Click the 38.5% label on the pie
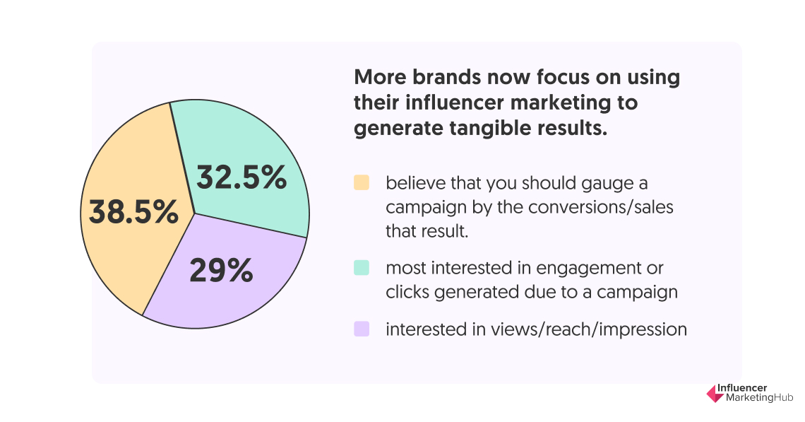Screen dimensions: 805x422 tap(133, 212)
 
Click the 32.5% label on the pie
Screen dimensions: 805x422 tap(241, 178)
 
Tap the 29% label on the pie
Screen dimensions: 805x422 tap(221, 270)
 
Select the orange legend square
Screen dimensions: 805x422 tap(362, 183)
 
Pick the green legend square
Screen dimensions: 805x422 tap(362, 268)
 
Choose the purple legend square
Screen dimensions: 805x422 tap(362, 329)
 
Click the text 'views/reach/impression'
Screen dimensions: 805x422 tap(589, 329)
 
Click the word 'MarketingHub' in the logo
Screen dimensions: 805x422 tap(759, 398)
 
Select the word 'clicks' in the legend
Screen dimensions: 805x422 tap(407, 292)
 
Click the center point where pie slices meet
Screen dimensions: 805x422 tap(194, 213)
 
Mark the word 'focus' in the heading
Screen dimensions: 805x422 tap(563, 77)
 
